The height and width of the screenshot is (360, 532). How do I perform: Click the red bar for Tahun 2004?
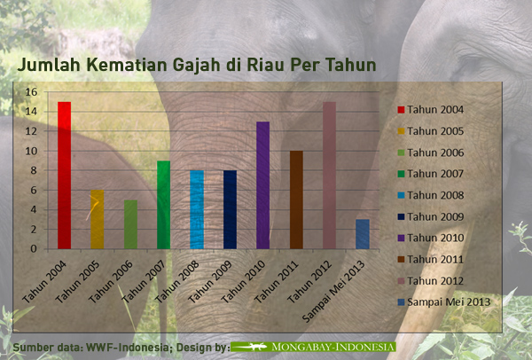point(64,175)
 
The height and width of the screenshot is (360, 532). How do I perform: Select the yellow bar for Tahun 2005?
point(97,219)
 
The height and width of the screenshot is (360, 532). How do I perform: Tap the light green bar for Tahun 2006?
point(130,224)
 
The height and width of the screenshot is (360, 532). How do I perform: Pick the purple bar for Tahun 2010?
point(263,185)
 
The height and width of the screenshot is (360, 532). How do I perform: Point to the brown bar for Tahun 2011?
point(296,200)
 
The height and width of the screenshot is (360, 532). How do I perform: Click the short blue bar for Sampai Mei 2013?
point(363,234)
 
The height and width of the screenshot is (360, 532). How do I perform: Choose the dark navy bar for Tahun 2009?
point(230,209)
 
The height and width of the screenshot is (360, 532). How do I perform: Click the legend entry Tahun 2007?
point(431,174)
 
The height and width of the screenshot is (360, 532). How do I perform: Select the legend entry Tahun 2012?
point(431,281)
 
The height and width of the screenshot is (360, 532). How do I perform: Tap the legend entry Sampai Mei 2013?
point(444,302)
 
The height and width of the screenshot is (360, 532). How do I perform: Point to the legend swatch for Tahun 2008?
point(401,196)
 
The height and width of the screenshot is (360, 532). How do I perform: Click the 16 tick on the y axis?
point(31,92)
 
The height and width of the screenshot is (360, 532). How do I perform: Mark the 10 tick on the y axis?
point(31,151)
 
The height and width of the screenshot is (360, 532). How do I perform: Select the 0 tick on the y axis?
point(34,248)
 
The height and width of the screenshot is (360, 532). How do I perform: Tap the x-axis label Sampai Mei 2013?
point(333,291)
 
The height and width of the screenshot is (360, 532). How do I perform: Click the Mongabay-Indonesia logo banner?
point(313,347)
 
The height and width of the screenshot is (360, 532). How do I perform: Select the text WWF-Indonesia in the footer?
point(127,348)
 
